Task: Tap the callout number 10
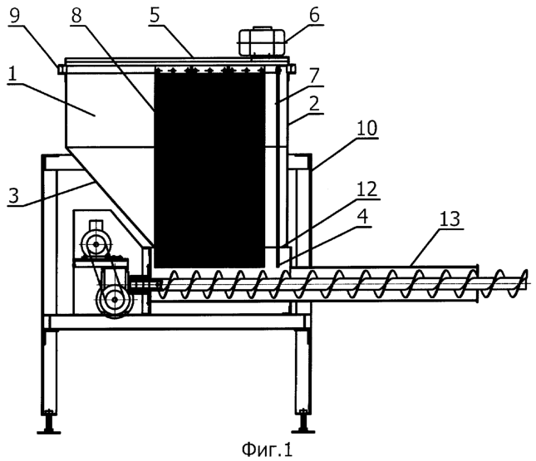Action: point(366,129)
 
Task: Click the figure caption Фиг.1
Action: point(267,449)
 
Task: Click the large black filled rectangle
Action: point(210,166)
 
